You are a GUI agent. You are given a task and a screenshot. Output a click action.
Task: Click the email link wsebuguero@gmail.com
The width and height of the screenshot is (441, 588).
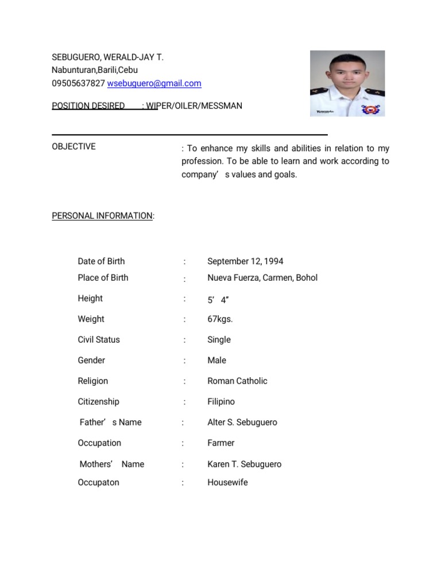[154, 83]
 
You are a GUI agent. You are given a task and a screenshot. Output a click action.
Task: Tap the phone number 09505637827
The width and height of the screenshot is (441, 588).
[78, 83]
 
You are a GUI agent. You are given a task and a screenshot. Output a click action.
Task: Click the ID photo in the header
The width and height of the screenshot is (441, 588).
[347, 83]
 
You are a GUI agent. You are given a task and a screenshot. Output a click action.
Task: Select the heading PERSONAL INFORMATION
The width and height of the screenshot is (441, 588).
[102, 216]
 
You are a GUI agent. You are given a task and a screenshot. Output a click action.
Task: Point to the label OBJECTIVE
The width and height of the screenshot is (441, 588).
[73, 146]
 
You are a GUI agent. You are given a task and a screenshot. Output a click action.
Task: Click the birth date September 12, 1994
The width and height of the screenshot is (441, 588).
[245, 261]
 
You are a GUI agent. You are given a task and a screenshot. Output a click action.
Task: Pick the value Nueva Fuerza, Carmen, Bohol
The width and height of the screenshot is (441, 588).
[262, 278]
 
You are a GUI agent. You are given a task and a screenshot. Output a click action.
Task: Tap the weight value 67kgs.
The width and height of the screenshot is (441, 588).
[220, 319]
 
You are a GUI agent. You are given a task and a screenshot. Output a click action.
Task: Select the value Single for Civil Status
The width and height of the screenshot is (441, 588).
[219, 340]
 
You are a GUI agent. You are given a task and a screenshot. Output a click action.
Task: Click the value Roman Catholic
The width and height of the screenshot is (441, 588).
[237, 381]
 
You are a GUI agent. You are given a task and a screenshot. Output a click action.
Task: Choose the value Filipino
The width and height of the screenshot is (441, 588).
[221, 402]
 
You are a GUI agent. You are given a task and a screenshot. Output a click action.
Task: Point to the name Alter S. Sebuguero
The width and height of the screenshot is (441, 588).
[242, 423]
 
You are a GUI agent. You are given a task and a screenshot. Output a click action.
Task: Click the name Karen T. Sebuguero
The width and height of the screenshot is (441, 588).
[244, 464]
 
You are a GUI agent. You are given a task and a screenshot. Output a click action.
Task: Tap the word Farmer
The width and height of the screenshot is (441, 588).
[220, 443]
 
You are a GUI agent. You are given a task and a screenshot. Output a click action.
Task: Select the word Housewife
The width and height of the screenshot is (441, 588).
[227, 482]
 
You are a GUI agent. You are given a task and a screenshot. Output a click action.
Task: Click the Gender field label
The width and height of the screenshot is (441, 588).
[91, 361]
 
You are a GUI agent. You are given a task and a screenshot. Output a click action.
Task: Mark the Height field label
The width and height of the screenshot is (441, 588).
[90, 299]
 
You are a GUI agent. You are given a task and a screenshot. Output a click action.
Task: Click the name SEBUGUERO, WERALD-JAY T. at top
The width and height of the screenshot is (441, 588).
[107, 58]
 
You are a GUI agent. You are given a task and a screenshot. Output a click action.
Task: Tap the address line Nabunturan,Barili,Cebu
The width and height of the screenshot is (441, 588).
[95, 71]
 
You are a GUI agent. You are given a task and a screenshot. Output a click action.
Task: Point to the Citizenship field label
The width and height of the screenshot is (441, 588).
[98, 402]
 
